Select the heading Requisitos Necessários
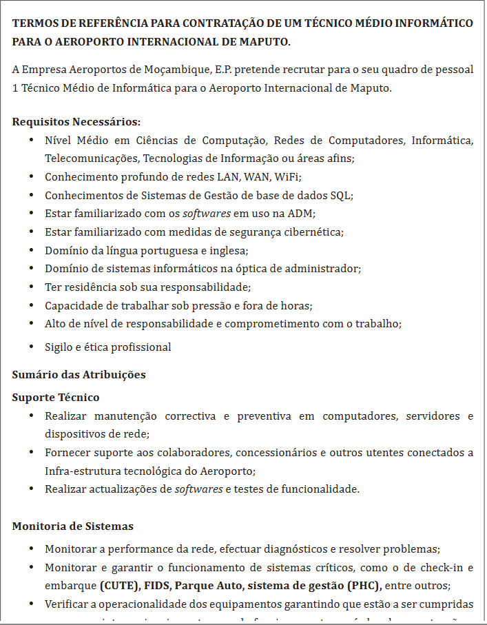pyautogui.click(x=76, y=122)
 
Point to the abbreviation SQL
pyautogui.click(x=342, y=195)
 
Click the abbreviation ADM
pyautogui.click(x=302, y=213)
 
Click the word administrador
pyautogui.click(x=326, y=268)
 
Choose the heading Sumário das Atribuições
pyautogui.click(x=79, y=375)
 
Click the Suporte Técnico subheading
pyautogui.click(x=56, y=398)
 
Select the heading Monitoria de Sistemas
pyautogui.click(x=72, y=526)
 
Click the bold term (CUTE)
pyautogui.click(x=118, y=586)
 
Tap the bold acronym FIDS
pyautogui.click(x=158, y=586)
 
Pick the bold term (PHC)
pyautogui.click(x=362, y=586)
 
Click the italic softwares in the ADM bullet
pyautogui.click(x=207, y=213)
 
